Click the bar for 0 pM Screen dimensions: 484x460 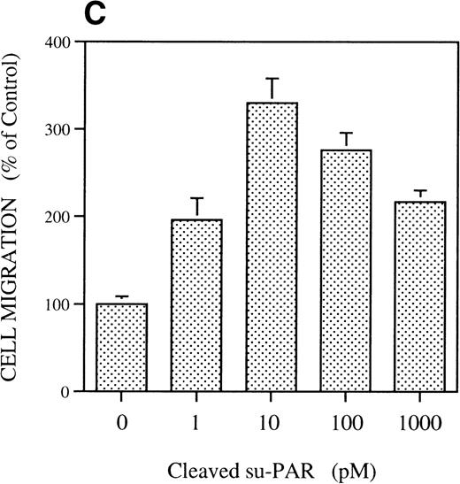pyautogui.click(x=121, y=347)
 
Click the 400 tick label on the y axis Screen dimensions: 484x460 pyautogui.click(x=61, y=42)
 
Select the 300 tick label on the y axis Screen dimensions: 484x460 pyautogui.click(x=61, y=129)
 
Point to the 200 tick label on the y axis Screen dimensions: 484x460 pyautogui.click(x=61, y=217)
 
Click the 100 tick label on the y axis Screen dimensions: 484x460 pyautogui.click(x=61, y=304)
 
